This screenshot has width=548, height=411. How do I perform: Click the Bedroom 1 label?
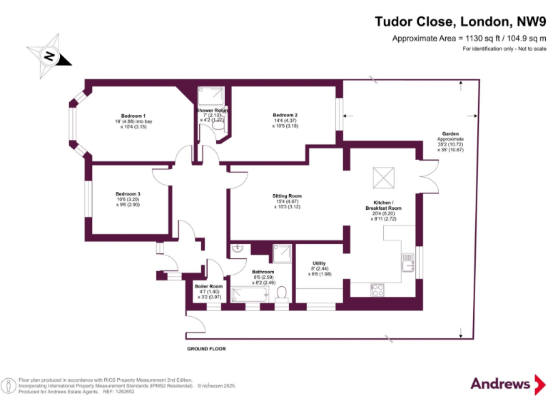coord(133,116)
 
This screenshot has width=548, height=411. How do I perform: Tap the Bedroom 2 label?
coord(285,115)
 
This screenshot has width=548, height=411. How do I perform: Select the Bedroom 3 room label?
coord(128,193)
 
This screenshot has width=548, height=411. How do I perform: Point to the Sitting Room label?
coord(287,196)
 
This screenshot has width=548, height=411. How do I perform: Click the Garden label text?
coord(450,133)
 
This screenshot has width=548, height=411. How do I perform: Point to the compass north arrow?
coord(49,56)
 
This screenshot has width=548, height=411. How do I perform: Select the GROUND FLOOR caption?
coord(206,349)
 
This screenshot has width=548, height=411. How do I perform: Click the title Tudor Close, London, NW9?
coord(460,21)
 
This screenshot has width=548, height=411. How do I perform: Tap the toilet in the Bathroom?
coord(283,293)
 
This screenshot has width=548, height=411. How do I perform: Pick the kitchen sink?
coord(407,264)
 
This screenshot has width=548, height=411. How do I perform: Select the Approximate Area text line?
coord(469,38)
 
